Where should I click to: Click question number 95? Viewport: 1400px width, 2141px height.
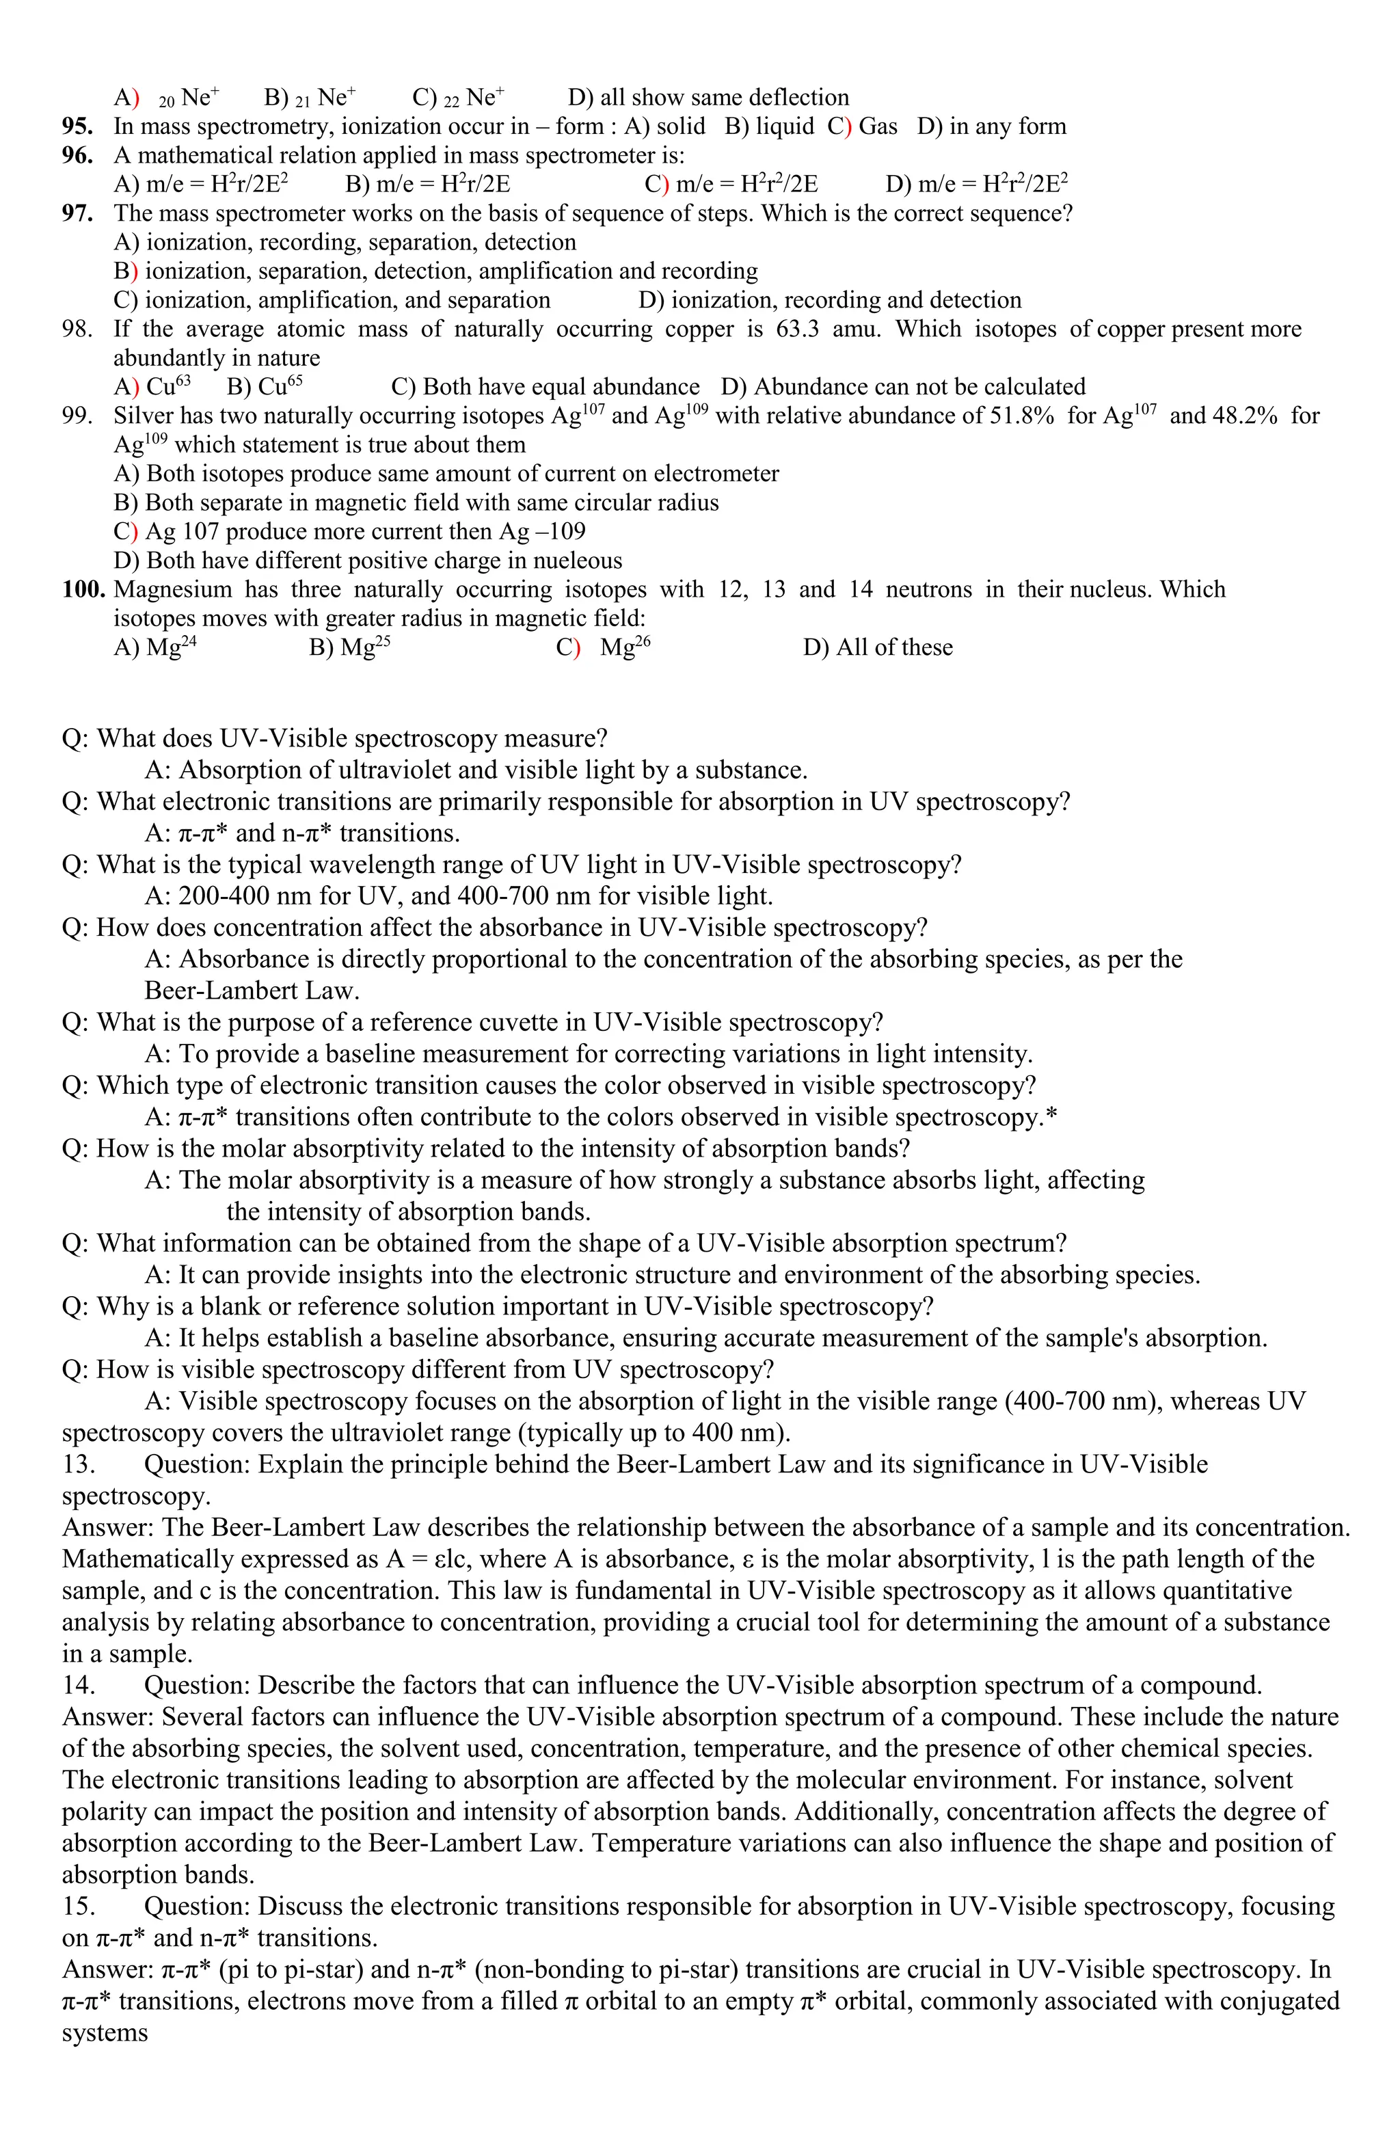click(77, 126)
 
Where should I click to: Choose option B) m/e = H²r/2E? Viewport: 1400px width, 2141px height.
click(427, 185)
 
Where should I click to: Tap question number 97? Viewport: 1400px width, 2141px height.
click(77, 213)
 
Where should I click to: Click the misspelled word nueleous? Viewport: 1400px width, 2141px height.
click(578, 561)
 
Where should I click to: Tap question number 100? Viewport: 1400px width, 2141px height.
click(83, 589)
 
